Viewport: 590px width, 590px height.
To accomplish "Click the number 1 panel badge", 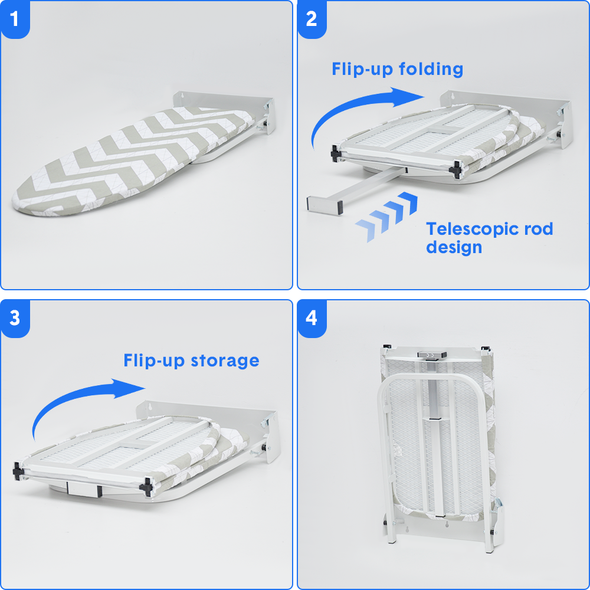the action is (15, 19).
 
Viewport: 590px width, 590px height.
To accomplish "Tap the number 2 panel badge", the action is (312, 19).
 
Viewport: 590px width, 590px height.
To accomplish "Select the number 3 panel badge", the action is (15, 319).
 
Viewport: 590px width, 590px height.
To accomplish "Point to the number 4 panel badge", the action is (312, 319).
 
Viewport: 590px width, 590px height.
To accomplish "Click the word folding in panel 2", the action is (431, 70).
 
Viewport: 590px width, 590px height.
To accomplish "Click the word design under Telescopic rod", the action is (454, 248).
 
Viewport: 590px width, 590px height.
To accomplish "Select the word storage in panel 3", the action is (225, 361).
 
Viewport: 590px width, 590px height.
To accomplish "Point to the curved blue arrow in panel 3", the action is (71, 395).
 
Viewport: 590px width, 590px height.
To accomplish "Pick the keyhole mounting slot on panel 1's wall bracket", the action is (183, 96).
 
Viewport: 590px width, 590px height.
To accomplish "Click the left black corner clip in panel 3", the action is (18, 471).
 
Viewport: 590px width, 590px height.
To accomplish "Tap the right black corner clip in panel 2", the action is (455, 169).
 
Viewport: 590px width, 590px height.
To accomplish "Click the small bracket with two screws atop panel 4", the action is (432, 355).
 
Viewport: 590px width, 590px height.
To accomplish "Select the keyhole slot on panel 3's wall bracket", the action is (150, 407).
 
